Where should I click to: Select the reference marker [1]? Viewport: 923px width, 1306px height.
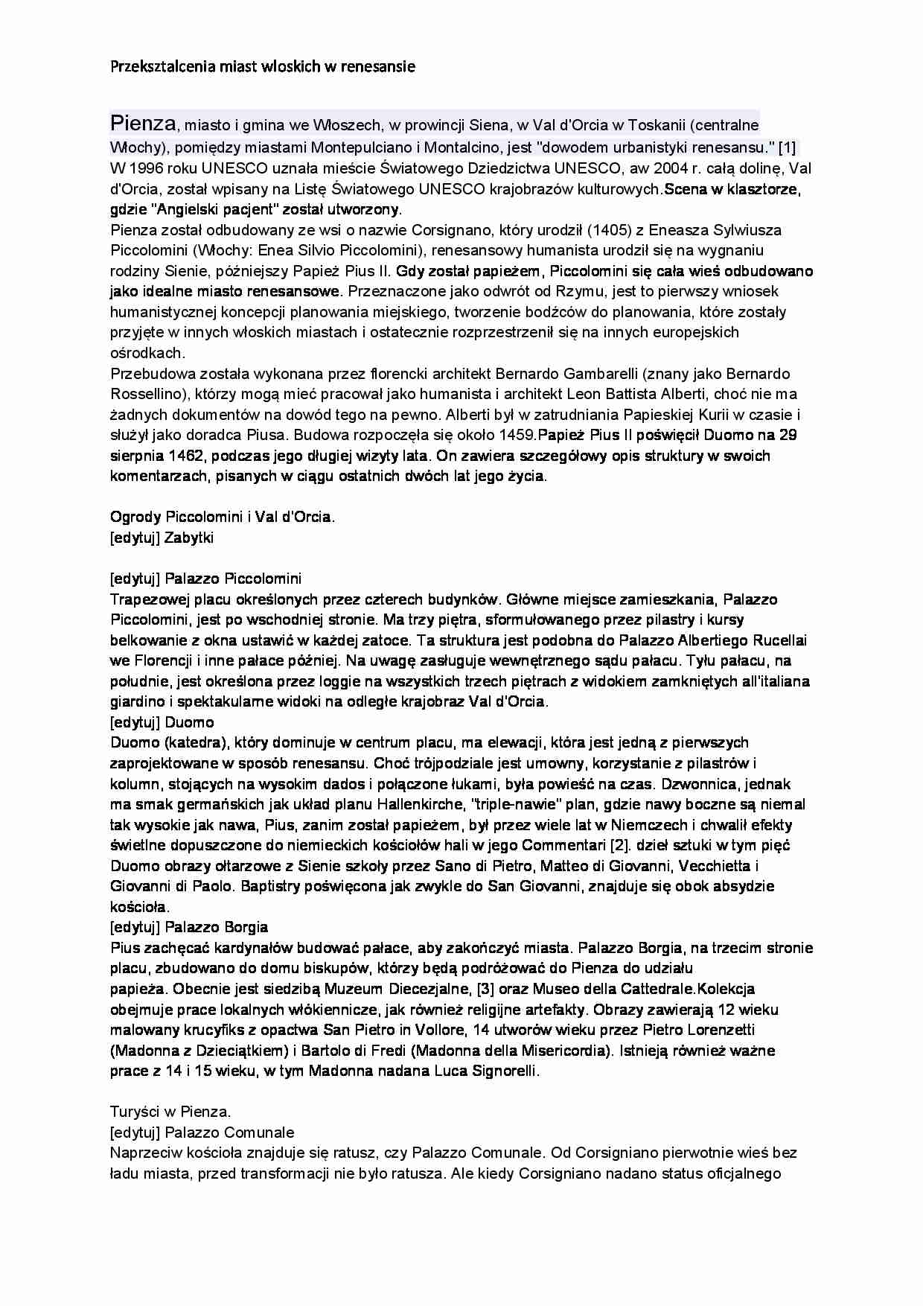[x=787, y=147]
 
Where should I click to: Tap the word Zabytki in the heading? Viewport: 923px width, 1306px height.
[x=189, y=538]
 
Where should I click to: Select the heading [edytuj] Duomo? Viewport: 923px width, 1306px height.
[x=162, y=722]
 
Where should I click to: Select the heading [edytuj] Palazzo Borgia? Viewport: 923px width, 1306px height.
[x=188, y=928]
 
